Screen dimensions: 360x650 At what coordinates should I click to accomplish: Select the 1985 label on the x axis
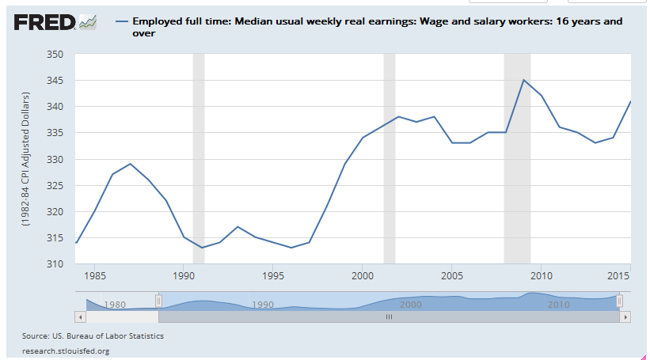coord(94,277)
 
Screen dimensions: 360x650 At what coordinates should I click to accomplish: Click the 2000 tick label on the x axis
coord(362,277)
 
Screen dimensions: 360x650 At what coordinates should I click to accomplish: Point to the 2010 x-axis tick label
coord(541,277)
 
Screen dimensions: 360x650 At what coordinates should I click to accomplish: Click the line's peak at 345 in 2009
coord(523,80)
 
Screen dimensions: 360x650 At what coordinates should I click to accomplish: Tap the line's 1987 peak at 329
coord(130,164)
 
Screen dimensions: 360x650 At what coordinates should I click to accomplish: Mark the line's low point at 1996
coord(291,248)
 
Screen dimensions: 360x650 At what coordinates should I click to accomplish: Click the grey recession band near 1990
coord(199,158)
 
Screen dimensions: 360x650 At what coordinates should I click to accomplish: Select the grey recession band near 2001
coord(389,158)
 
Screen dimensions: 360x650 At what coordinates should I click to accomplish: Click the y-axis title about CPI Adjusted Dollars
coord(27,159)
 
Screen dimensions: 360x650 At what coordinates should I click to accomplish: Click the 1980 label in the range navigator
coord(116,304)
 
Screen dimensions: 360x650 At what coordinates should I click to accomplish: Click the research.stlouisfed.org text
coord(66,351)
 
